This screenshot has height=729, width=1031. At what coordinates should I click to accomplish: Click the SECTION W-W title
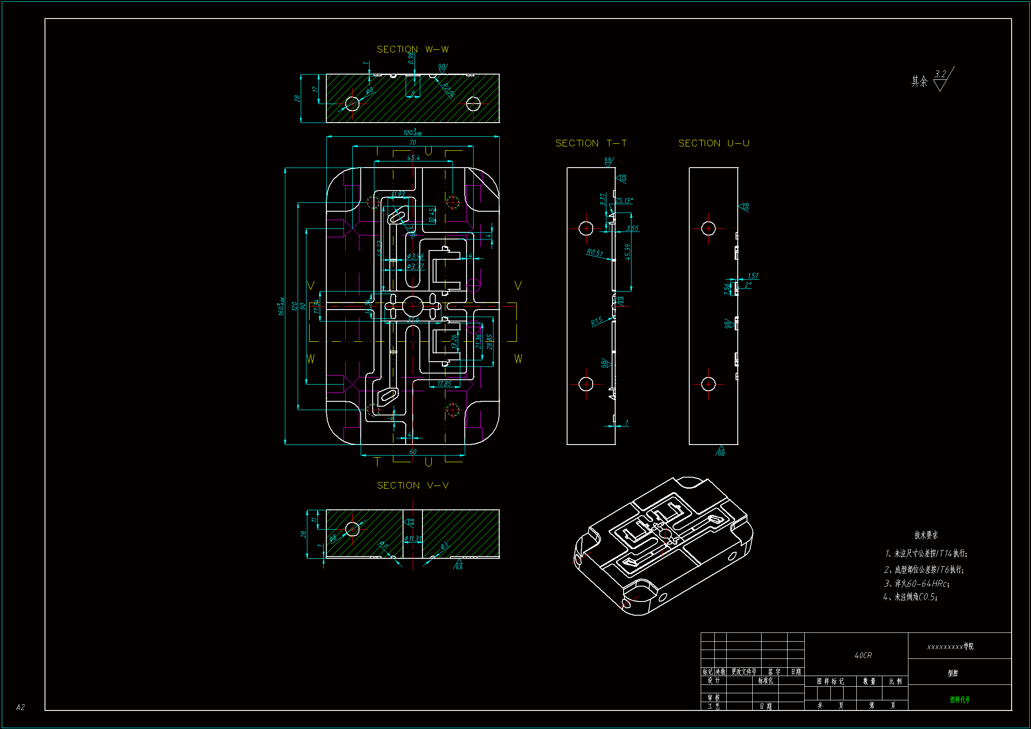(412, 49)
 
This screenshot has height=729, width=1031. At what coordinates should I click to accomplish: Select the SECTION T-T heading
(590, 143)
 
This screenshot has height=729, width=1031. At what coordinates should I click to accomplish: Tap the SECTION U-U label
(713, 143)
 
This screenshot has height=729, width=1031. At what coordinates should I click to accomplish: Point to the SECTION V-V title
(412, 486)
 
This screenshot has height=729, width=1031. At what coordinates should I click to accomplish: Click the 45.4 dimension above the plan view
(413, 157)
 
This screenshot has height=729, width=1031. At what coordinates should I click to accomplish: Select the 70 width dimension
(412, 142)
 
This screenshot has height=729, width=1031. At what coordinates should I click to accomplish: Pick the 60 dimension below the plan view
(413, 452)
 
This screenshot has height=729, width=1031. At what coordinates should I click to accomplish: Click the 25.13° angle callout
(624, 200)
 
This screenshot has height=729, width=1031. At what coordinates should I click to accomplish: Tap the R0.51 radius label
(594, 252)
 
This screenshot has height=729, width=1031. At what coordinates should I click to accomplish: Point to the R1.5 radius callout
(596, 321)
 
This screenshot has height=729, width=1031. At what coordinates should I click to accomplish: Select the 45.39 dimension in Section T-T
(628, 252)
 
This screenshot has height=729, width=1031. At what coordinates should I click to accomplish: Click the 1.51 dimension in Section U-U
(753, 276)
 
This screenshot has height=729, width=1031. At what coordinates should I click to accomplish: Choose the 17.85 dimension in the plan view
(444, 384)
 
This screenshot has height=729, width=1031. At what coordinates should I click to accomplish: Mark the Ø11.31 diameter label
(413, 538)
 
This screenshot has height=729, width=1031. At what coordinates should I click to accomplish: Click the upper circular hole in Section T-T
(586, 228)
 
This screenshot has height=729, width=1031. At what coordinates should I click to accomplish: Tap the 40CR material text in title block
(863, 655)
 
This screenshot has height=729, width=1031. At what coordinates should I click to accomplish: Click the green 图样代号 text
(960, 699)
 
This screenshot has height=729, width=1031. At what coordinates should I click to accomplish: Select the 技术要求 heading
(926, 535)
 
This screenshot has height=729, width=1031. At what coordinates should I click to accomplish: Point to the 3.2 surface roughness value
(940, 74)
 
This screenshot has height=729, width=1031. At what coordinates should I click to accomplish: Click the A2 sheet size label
(20, 707)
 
